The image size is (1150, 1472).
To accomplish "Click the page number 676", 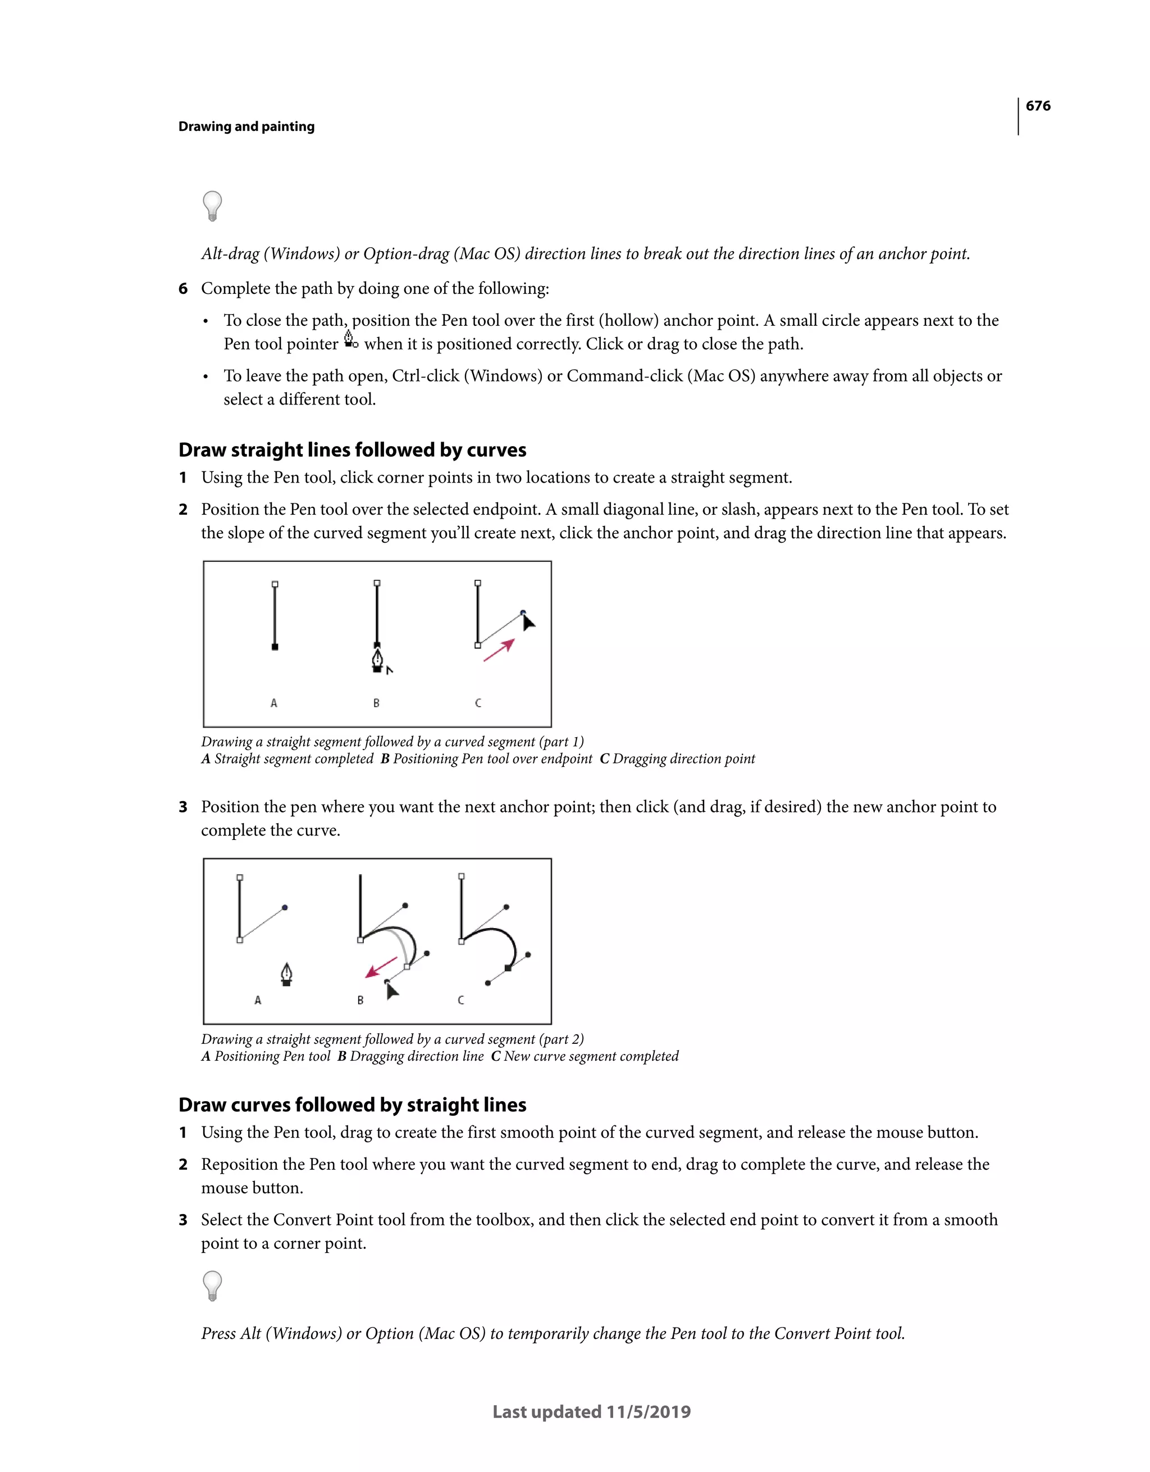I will [1038, 106].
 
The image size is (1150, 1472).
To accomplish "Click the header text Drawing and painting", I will [246, 127].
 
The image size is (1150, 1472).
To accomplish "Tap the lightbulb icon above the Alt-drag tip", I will [212, 206].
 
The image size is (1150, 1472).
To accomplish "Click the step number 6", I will [182, 288].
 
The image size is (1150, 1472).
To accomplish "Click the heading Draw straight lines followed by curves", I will [352, 449].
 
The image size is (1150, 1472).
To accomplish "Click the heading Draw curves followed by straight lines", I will [352, 1105].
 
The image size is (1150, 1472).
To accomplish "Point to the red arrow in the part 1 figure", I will [499, 651].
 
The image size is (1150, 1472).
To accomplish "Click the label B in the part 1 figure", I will [376, 703].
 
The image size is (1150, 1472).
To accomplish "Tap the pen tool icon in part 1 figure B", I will [378, 660].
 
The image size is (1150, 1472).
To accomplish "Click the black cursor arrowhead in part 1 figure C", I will [528, 621].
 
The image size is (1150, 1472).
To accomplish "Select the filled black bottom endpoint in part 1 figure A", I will [275, 647].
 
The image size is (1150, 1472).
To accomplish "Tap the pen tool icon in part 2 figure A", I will [286, 975].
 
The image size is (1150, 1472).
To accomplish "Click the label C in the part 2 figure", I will [461, 1000].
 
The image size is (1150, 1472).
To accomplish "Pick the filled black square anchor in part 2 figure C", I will [508, 968].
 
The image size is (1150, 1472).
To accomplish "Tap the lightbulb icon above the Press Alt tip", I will [212, 1285].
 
